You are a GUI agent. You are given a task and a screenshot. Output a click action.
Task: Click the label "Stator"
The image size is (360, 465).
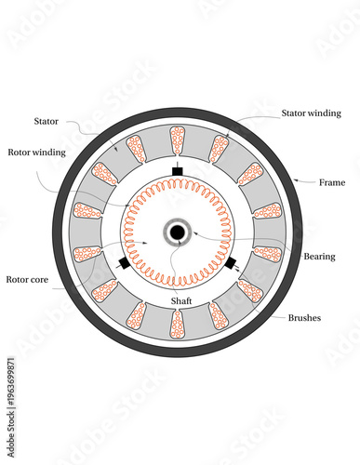(x=47, y=121)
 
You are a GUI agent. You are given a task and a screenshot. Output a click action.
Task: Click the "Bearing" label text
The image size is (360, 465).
(x=321, y=255)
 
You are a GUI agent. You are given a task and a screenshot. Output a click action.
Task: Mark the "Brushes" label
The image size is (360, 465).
(x=304, y=317)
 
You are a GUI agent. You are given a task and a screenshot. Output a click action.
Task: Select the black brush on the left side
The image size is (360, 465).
(x=123, y=264)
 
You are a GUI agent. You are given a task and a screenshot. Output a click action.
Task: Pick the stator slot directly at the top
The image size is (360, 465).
(x=177, y=140)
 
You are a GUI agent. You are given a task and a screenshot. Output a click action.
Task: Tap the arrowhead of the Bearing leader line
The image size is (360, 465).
(x=192, y=232)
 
